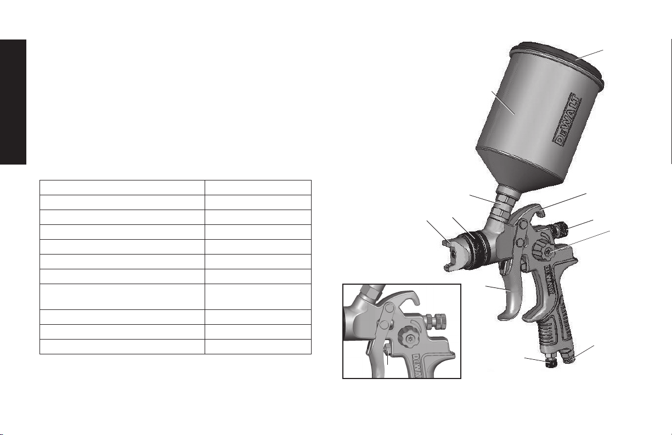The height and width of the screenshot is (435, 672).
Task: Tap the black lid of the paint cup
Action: pyautogui.click(x=558, y=61)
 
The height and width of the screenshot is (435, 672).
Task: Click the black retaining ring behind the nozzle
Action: pyautogui.click(x=477, y=248)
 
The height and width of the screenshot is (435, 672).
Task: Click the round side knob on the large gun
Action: pyautogui.click(x=544, y=252)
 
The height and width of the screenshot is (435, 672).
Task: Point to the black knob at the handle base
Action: pyautogui.click(x=551, y=363)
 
